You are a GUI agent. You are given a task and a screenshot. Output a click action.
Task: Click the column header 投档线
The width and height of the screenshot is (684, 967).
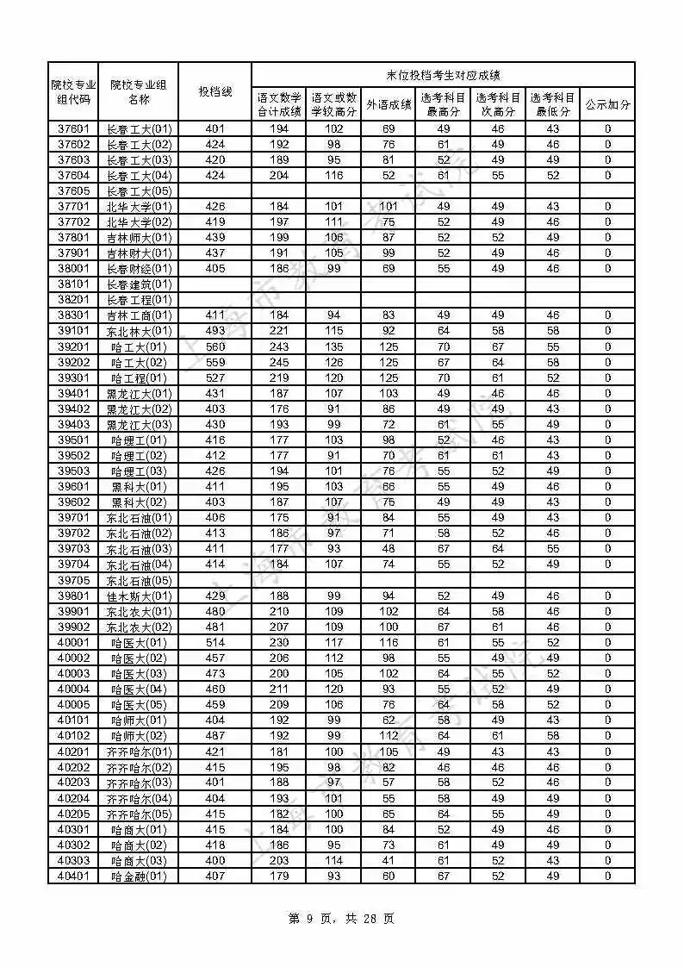[x=215, y=91]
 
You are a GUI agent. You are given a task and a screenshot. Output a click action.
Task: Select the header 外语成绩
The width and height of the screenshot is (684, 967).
[x=389, y=104]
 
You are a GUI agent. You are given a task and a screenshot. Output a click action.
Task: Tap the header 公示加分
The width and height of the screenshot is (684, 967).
[x=607, y=104]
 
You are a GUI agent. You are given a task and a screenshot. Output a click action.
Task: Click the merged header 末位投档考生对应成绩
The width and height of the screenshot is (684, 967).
[x=443, y=75]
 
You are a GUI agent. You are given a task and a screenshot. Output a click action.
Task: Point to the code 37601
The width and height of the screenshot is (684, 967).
[x=73, y=129]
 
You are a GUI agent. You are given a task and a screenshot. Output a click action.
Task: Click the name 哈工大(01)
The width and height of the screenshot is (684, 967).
[x=139, y=346]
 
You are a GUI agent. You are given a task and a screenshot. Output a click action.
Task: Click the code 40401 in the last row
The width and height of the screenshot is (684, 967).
[x=73, y=876]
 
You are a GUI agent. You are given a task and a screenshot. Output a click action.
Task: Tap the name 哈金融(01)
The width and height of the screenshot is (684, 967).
[x=139, y=876]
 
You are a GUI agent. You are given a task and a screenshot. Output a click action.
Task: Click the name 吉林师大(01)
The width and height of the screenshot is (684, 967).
[x=139, y=238]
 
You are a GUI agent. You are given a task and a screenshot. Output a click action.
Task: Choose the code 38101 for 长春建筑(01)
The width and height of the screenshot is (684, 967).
[x=73, y=284]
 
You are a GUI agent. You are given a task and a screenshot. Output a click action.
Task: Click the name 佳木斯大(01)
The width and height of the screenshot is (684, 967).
[x=139, y=596]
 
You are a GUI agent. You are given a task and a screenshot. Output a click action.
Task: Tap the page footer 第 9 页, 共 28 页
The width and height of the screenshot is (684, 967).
[x=341, y=919]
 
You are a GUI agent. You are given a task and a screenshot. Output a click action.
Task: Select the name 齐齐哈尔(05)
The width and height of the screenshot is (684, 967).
[x=139, y=814]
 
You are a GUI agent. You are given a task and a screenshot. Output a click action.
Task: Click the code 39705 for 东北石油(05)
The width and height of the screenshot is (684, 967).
[x=73, y=580]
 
